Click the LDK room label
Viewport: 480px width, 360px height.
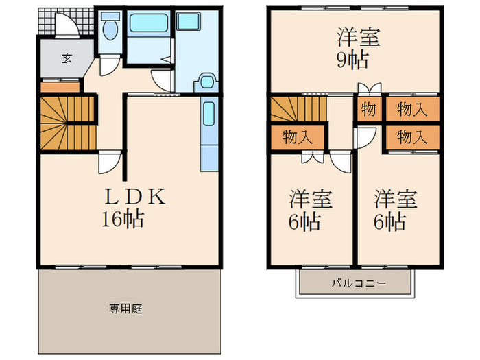(134, 197)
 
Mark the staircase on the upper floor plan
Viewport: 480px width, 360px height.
(298, 110)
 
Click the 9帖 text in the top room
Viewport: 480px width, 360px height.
(353, 59)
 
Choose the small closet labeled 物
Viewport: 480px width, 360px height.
(368, 108)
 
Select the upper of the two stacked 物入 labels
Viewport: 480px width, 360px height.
(412, 108)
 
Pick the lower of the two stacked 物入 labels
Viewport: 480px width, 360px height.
(412, 136)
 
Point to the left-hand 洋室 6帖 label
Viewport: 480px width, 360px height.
(311, 210)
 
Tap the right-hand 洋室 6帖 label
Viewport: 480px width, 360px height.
(396, 210)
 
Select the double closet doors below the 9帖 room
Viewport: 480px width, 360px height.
(368, 88)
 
